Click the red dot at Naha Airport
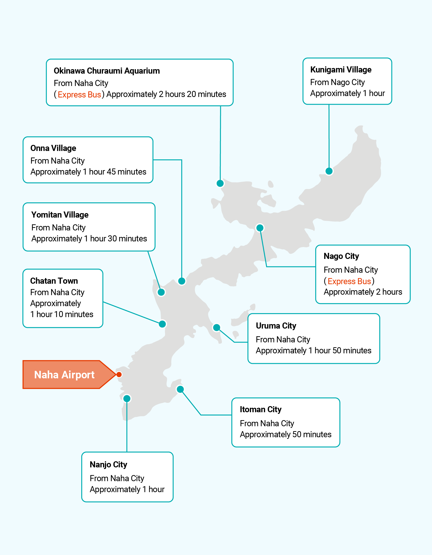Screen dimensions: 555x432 [119, 375]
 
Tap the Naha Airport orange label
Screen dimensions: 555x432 [64, 375]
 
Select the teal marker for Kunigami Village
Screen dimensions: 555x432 [329, 171]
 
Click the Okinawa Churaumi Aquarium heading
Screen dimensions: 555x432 [107, 71]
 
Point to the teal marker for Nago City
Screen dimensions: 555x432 [260, 228]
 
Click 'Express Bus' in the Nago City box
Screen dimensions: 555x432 [349, 281]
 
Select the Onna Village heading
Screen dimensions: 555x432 [53, 148]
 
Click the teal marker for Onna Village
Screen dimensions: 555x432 [182, 281]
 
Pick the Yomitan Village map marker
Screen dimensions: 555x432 [161, 292]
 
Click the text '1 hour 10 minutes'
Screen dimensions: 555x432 [62, 314]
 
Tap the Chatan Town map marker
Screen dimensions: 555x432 [162, 324]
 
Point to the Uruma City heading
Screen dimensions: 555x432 [276, 326]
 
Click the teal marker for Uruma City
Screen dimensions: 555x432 [216, 328]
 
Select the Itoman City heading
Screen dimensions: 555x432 [261, 409]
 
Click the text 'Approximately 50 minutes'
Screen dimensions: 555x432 [285, 434]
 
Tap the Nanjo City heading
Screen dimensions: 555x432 [108, 464]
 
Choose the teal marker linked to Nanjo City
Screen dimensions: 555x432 [127, 398]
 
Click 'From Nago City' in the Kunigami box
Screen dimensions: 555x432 [337, 82]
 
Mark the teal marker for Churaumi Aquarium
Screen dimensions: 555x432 [220, 183]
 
